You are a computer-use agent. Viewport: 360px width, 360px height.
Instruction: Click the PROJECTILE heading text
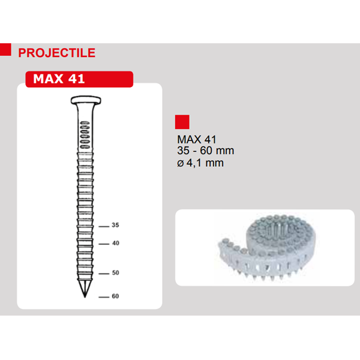click(57, 52)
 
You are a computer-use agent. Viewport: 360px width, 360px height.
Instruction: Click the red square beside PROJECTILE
click(5, 50)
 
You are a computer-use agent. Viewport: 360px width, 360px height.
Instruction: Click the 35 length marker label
click(116, 225)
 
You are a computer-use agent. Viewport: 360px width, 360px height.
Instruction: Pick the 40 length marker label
click(116, 244)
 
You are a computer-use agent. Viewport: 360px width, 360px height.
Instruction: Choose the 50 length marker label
click(116, 273)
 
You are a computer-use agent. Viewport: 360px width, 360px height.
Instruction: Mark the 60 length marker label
click(116, 296)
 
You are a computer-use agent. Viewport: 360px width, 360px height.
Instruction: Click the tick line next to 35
click(103, 226)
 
